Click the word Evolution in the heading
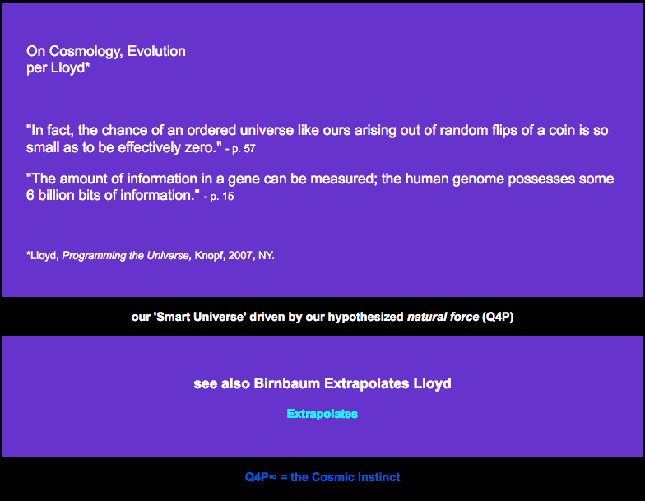tap(156, 51)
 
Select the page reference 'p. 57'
tap(244, 148)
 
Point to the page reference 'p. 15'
tap(222, 196)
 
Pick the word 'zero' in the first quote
tap(198, 147)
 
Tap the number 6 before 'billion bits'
tap(30, 195)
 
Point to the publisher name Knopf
tap(209, 256)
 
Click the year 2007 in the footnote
tap(240, 255)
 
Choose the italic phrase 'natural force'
tap(443, 317)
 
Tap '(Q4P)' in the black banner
tap(498, 317)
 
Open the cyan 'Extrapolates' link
tap(322, 414)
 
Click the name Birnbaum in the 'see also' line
tap(286, 383)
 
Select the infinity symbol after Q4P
tap(272, 477)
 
